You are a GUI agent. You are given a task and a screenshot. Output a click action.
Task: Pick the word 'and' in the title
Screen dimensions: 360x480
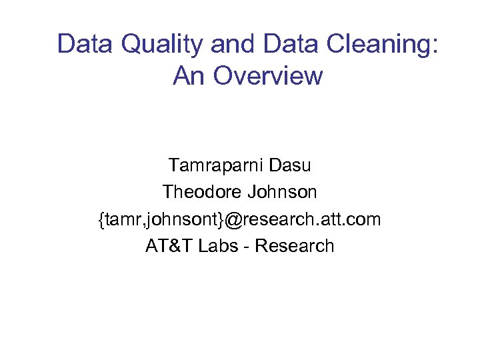pyautogui.click(x=233, y=45)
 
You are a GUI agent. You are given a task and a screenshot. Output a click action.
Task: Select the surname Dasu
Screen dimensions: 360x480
pyautogui.click(x=290, y=165)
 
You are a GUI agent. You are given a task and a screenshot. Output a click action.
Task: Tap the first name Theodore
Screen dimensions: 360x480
pyautogui.click(x=201, y=192)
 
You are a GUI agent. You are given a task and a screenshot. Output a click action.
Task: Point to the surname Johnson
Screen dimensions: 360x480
pyautogui.click(x=281, y=192)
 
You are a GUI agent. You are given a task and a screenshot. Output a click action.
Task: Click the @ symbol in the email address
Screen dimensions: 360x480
pyautogui.click(x=237, y=219)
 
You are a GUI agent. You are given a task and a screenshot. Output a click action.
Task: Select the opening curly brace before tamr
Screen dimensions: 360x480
pyautogui.click(x=101, y=219)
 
